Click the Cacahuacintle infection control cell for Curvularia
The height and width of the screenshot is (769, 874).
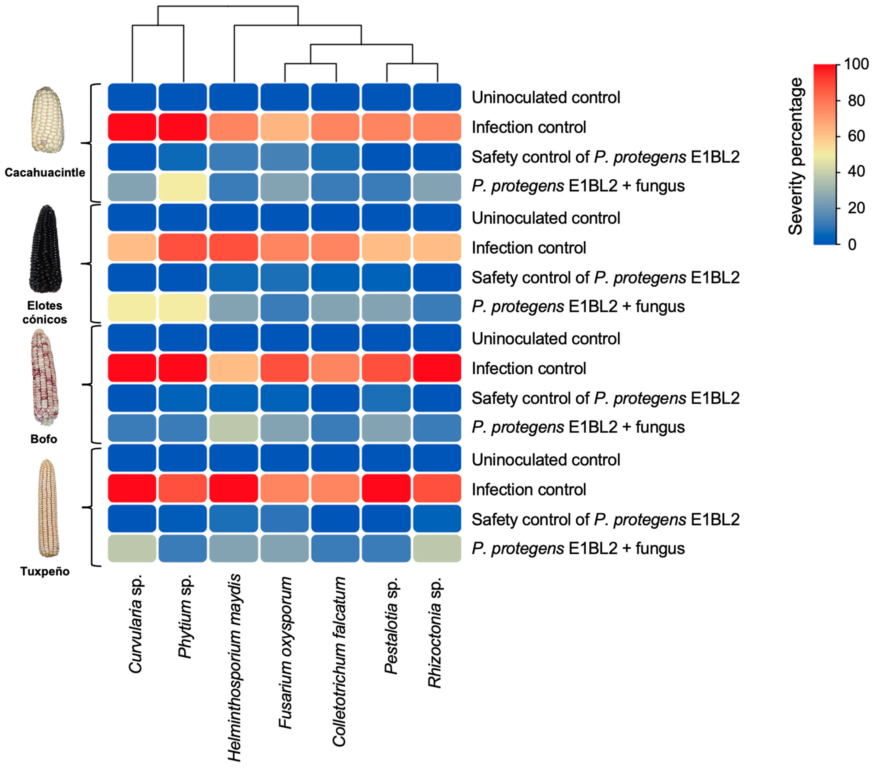132,127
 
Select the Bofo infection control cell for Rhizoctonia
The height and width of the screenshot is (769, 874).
437,368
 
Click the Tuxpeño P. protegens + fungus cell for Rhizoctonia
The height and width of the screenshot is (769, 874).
437,548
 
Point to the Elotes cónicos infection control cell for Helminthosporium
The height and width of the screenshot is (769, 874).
234,247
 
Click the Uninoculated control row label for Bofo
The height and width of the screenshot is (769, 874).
546,339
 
